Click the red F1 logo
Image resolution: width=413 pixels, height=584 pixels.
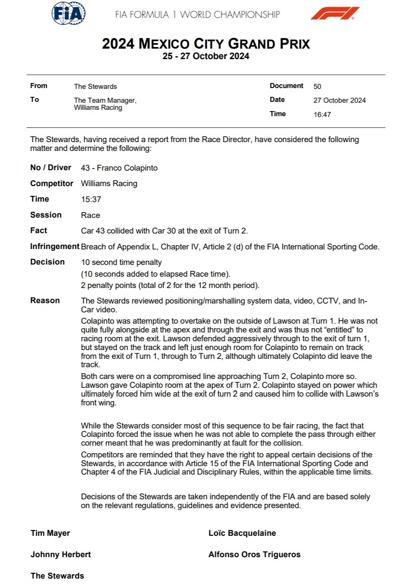pyautogui.click(x=335, y=13)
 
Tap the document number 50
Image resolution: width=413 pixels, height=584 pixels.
pyautogui.click(x=317, y=86)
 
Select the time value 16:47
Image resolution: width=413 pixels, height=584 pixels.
pyautogui.click(x=322, y=114)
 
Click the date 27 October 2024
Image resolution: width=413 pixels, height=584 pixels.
pyautogui.click(x=340, y=100)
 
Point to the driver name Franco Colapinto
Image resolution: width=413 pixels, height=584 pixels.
pyautogui.click(x=127, y=168)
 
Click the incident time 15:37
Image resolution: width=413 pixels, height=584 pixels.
pyautogui.click(x=91, y=200)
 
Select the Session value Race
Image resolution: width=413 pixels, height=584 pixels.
pyautogui.click(x=91, y=215)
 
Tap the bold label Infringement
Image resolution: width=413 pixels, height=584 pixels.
pyautogui.click(x=55, y=246)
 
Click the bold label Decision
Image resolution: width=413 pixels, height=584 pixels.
pyautogui.click(x=47, y=262)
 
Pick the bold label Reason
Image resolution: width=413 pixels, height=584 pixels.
pyautogui.click(x=45, y=300)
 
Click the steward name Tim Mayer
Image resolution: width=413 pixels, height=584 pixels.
pyautogui.click(x=50, y=533)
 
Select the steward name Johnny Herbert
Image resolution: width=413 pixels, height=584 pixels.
pyautogui.click(x=60, y=554)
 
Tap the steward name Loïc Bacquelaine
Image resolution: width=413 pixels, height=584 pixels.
pyautogui.click(x=242, y=533)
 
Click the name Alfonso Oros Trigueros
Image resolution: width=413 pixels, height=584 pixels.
pyautogui.click(x=254, y=554)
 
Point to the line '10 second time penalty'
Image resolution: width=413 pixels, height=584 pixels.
pyautogui.click(x=121, y=262)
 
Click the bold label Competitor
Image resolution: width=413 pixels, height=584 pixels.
pyautogui.click(x=52, y=183)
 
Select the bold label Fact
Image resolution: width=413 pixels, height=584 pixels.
pyautogui.click(x=39, y=230)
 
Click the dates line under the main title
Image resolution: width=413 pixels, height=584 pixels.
pyautogui.click(x=206, y=56)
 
